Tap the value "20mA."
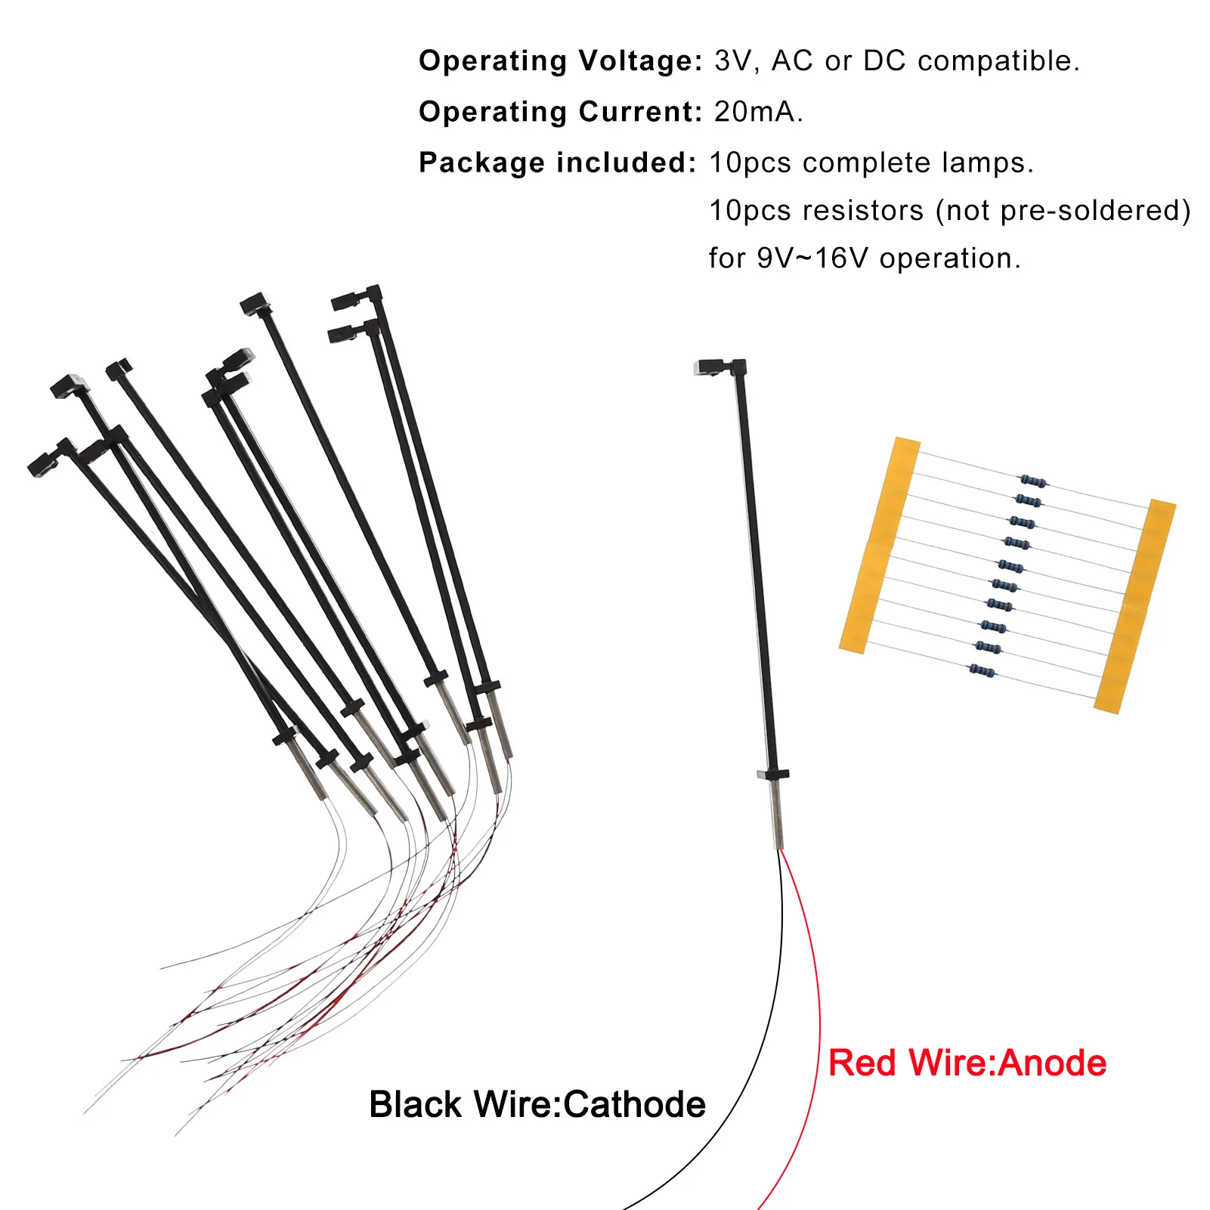pyautogui.click(x=758, y=112)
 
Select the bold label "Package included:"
pyautogui.click(x=557, y=162)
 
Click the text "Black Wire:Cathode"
pyautogui.click(x=537, y=1104)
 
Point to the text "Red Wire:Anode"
pyautogui.click(x=967, y=1063)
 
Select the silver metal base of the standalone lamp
pyautogui.click(x=775, y=815)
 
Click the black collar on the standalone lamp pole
pyautogui.click(x=772, y=774)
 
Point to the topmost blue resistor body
pyautogui.click(x=1033, y=481)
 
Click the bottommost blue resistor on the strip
pyautogui.click(x=982, y=670)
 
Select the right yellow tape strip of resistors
pyautogui.click(x=1136, y=605)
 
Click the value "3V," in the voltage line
pyautogui.click(x=736, y=61)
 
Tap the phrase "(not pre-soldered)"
pyautogui.click(x=1063, y=211)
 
